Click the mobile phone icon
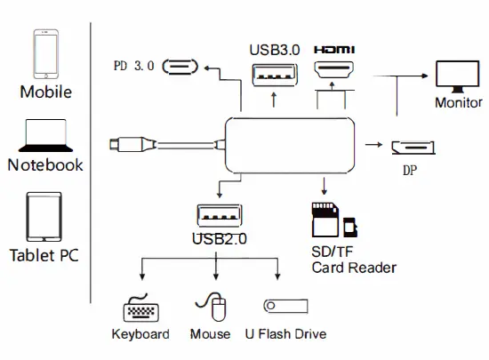[x=45, y=55]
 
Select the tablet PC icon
[x=44, y=216]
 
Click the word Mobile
[x=45, y=92]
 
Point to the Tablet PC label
[x=44, y=256]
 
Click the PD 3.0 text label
[x=134, y=67]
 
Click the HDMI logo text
[x=335, y=51]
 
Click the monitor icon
[x=458, y=75]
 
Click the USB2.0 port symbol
[x=217, y=216]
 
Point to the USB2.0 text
[x=219, y=238]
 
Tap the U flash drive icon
[x=285, y=307]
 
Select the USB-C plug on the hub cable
[x=122, y=142]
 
